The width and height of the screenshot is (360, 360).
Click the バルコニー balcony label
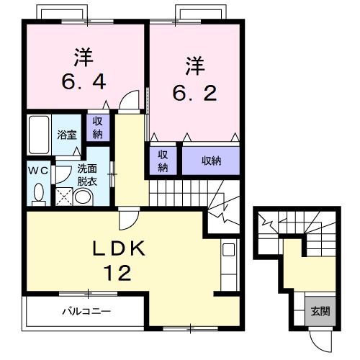pos(84,312)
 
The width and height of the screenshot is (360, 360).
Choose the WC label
pos(37,171)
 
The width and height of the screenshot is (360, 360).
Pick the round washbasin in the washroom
pos(84,197)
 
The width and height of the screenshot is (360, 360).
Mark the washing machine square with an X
pos(64,196)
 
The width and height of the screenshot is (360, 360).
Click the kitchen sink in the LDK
pos(229,251)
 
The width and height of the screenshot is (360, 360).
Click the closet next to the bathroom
pos(96,127)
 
